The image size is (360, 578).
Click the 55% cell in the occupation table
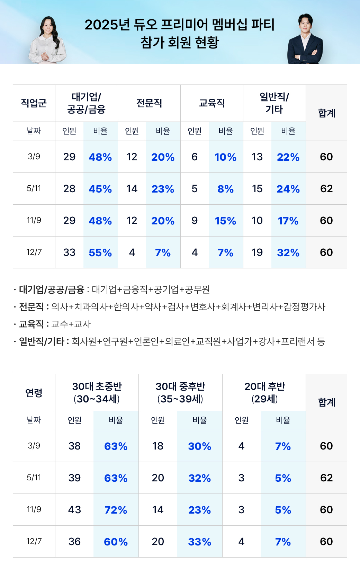tap(100, 253)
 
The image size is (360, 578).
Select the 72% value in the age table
tap(116, 510)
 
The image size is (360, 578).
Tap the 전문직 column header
tap(149, 103)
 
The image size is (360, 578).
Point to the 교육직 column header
tap(212, 103)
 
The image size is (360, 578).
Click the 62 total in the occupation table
tap(326, 189)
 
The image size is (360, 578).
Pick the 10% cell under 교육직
tap(225, 157)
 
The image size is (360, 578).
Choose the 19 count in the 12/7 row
tap(257, 252)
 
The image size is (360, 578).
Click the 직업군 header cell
tap(34, 103)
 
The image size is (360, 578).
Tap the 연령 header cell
tap(34, 393)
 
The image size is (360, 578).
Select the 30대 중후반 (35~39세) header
tap(180, 393)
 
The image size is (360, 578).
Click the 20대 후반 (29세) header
tap(264, 393)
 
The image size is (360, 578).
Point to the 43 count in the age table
tap(74, 510)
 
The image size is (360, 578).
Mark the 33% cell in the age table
tap(199, 542)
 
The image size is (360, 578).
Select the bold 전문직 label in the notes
tap(31, 307)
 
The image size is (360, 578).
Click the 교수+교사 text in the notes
tap(71, 324)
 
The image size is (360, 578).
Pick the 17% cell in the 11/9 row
tap(288, 221)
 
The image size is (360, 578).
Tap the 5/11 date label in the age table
tap(34, 478)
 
